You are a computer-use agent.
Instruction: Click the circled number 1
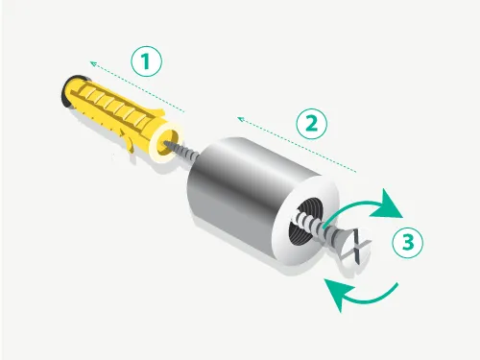click(x=147, y=61)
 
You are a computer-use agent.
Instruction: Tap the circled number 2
click(x=311, y=124)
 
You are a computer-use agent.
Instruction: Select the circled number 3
click(x=408, y=242)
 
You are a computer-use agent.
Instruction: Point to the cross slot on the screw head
click(x=355, y=247)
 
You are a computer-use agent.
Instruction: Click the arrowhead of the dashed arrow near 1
click(x=93, y=64)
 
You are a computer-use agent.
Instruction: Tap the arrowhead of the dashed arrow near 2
click(x=241, y=120)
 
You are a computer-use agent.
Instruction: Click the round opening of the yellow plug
click(x=167, y=142)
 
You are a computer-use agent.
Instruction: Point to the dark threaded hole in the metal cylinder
click(x=303, y=221)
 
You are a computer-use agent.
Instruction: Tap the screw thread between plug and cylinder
click(x=187, y=152)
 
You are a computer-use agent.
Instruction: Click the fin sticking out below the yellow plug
click(x=128, y=141)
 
